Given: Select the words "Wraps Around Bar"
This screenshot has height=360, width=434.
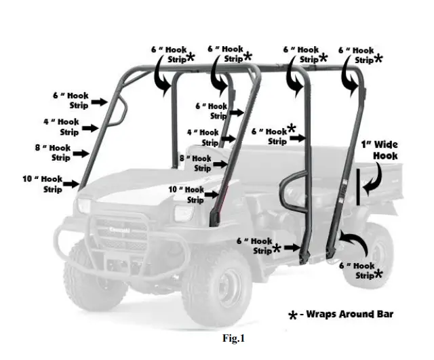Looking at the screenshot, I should point(349,314).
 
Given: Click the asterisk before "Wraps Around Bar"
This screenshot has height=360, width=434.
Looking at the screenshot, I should point(293,316).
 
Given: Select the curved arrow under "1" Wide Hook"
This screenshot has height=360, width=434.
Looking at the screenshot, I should point(375,178).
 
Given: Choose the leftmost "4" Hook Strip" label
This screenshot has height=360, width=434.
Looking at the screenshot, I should point(60,127).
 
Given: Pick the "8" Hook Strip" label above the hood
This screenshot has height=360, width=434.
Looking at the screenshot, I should point(195,163).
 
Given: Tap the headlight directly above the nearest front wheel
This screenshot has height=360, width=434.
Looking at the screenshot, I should point(184,214).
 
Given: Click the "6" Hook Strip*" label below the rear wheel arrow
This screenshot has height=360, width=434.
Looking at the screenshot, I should point(366,271).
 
